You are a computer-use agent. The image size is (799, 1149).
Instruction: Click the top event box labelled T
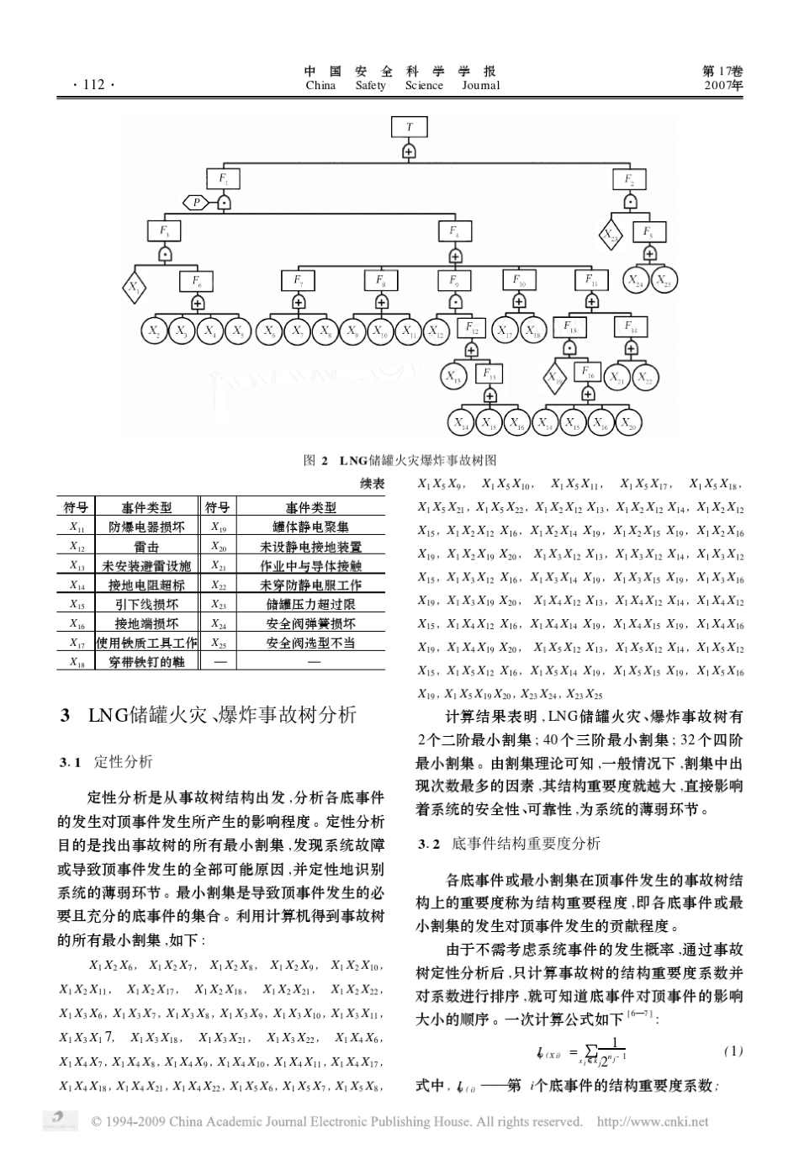(x=410, y=127)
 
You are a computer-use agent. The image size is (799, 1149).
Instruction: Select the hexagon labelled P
(x=196, y=202)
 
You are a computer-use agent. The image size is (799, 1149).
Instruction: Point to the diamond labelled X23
(x=611, y=235)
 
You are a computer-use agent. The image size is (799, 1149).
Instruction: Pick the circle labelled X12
(x=436, y=331)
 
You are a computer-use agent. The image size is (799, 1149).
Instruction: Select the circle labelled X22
(x=645, y=378)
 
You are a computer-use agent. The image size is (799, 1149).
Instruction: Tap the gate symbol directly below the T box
(x=410, y=151)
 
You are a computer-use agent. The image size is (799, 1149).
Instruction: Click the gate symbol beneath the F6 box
(x=198, y=303)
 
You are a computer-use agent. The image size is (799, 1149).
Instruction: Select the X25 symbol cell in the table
(x=219, y=643)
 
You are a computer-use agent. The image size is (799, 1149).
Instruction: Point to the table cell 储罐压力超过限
(x=311, y=604)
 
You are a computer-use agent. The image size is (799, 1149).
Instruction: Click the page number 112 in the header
(x=87, y=85)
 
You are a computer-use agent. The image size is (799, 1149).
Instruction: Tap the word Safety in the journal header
(x=370, y=86)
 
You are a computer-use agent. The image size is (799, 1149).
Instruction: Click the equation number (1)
(x=733, y=1051)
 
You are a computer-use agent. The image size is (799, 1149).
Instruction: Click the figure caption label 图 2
(x=316, y=460)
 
